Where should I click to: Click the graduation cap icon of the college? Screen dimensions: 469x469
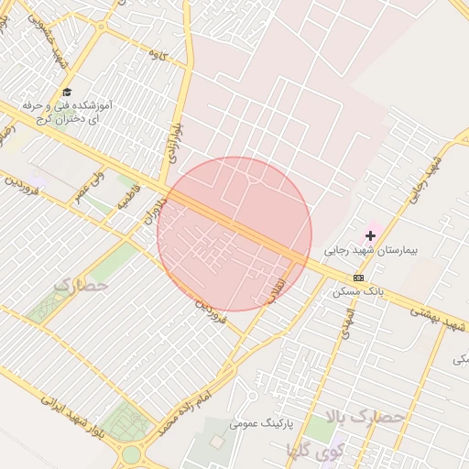click(66, 92)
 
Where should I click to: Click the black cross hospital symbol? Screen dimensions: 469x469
click(370, 235)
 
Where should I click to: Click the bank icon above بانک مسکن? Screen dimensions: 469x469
click(357, 278)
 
